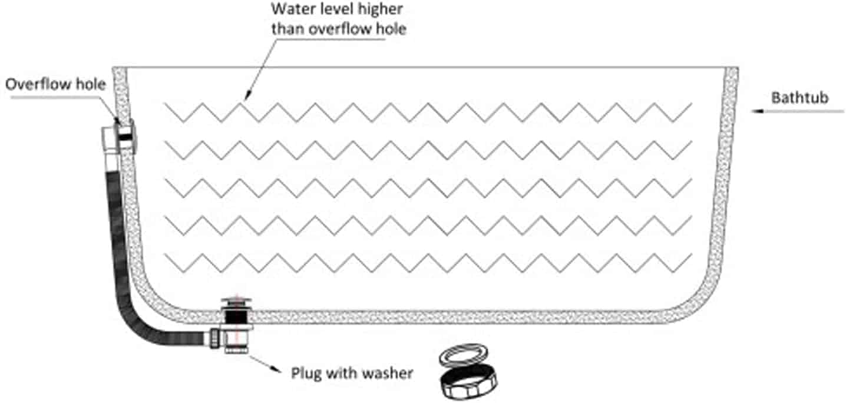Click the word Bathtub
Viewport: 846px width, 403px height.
click(800, 98)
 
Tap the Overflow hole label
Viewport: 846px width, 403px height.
click(55, 84)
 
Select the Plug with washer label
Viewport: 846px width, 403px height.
click(352, 373)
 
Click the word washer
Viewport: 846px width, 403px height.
click(388, 374)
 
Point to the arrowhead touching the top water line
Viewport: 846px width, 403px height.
click(247, 95)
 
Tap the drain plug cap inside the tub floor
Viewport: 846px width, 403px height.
click(236, 302)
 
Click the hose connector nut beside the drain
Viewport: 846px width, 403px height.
click(214, 338)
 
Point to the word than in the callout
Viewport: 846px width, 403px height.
click(288, 29)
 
